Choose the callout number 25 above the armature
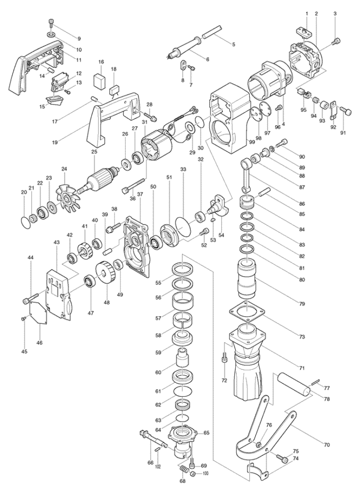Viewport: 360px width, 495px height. coord(94,152)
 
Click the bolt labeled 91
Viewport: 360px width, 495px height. coord(346,111)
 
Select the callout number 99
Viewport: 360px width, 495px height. coord(251,143)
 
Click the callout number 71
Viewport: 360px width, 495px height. coord(302,368)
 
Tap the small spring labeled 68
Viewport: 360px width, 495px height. coord(184,471)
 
